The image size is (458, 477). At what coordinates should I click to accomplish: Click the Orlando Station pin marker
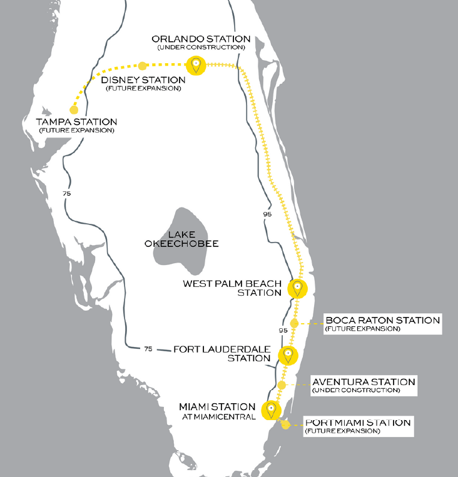(196, 64)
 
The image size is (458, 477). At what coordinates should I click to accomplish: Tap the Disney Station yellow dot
(143, 66)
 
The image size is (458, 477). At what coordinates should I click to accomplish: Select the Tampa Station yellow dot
(74, 109)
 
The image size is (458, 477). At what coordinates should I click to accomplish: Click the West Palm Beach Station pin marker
(297, 288)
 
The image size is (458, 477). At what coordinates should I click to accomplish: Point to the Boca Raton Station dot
(295, 324)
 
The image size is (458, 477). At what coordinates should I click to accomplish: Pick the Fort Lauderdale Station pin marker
(287, 354)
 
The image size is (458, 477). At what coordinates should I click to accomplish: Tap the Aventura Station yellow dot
(282, 385)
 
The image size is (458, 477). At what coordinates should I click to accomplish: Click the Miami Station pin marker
(271, 409)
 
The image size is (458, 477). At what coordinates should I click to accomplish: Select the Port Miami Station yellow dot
(286, 425)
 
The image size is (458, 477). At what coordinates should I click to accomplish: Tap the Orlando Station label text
(201, 39)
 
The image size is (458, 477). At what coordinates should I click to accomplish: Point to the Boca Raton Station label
(382, 320)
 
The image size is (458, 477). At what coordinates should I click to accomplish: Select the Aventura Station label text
(363, 381)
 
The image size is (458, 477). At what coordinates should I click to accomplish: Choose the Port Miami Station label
(357, 423)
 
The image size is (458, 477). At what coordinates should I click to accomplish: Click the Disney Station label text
(143, 80)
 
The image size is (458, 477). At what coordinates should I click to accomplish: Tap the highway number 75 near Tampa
(67, 194)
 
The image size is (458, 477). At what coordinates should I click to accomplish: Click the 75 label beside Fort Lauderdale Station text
(148, 348)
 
